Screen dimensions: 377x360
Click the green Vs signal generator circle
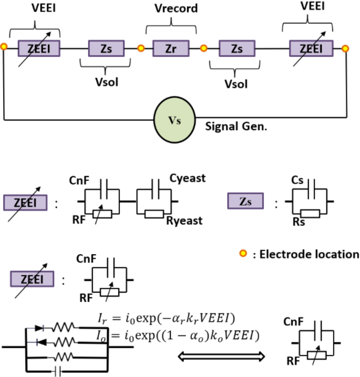pyautogui.click(x=174, y=119)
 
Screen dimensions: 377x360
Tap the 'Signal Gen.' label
pyautogui.click(x=232, y=127)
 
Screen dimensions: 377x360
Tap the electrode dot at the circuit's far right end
pyautogui.click(x=345, y=48)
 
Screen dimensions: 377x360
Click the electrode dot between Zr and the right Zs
pyautogui.click(x=203, y=48)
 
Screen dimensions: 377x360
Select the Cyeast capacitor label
pyautogui.click(x=187, y=179)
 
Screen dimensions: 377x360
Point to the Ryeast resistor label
pyautogui.click(x=185, y=222)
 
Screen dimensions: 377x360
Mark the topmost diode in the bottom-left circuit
pyautogui.click(x=39, y=328)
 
